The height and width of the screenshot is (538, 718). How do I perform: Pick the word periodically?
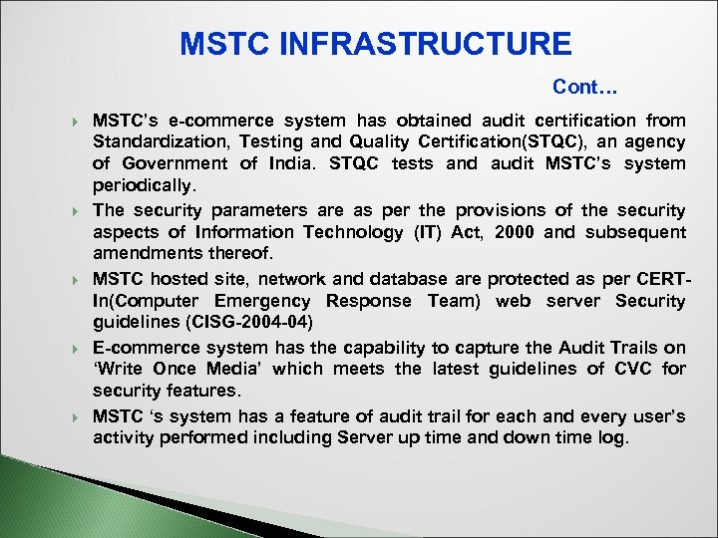146,186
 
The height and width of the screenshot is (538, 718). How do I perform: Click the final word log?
614,437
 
